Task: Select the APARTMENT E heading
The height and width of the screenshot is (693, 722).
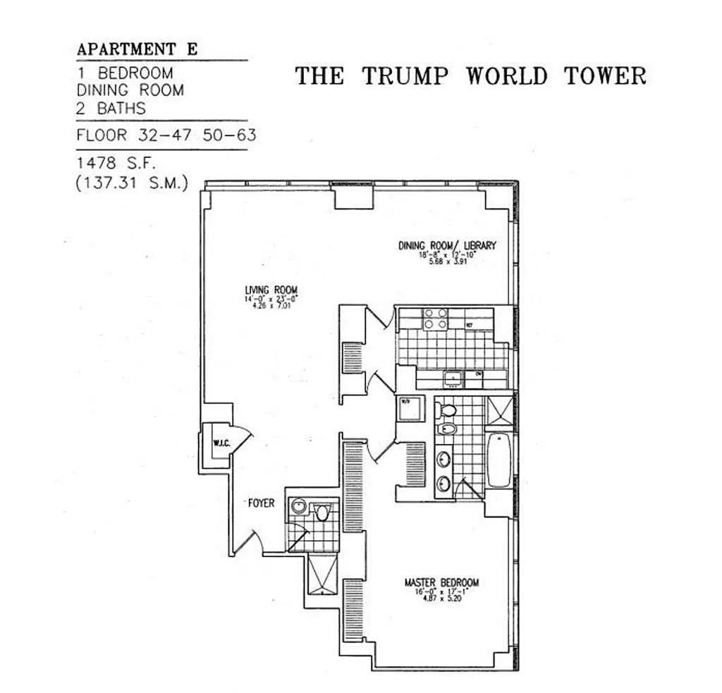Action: (x=137, y=49)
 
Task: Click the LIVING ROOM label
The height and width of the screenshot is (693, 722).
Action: (x=271, y=290)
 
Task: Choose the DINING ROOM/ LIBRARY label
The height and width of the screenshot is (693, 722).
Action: (x=447, y=245)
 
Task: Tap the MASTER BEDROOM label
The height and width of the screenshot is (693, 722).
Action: (x=441, y=582)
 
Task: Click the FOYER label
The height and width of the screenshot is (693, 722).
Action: (x=261, y=503)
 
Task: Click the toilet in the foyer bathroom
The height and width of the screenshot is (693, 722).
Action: (x=323, y=512)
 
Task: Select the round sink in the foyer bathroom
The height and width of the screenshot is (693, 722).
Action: (x=299, y=506)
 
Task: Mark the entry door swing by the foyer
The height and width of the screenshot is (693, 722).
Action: (x=250, y=541)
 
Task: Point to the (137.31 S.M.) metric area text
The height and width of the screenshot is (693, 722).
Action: (x=132, y=184)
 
